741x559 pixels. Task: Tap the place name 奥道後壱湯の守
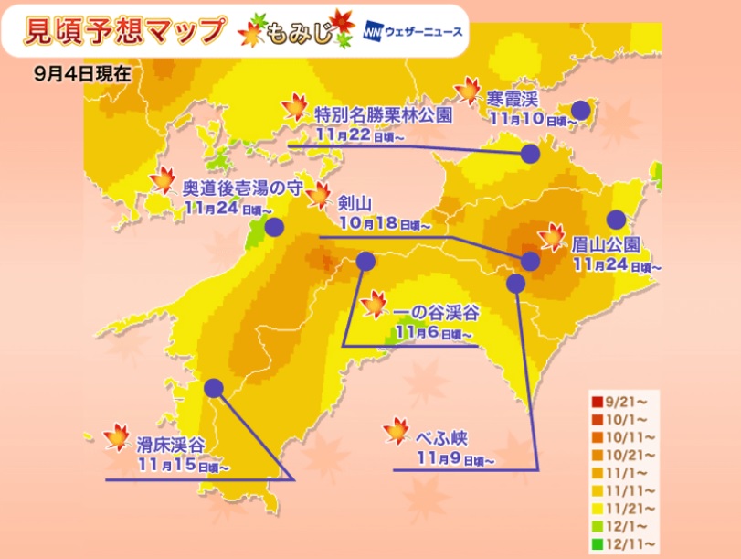tap(240, 186)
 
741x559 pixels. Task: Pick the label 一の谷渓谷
tap(435, 313)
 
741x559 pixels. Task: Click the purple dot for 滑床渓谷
tap(214, 388)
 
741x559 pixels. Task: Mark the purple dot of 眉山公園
tap(617, 219)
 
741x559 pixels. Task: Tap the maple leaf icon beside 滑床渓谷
tap(117, 438)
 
